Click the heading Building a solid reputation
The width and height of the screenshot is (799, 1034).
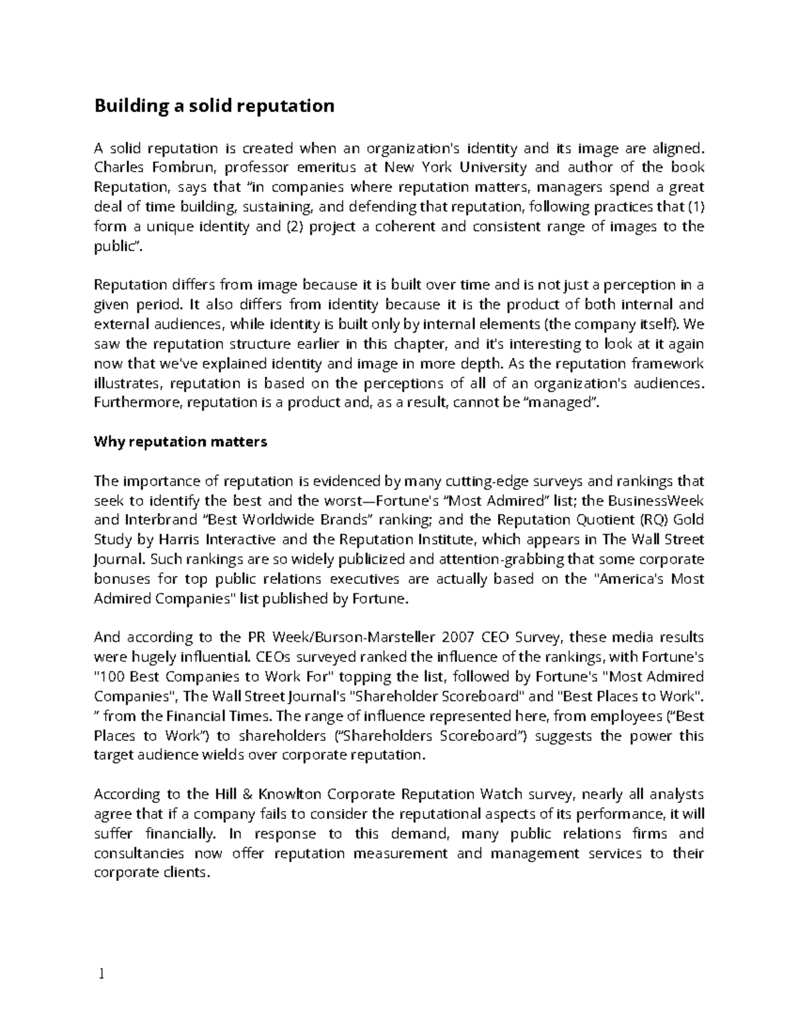214,106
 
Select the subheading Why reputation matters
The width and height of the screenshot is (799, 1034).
180,441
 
